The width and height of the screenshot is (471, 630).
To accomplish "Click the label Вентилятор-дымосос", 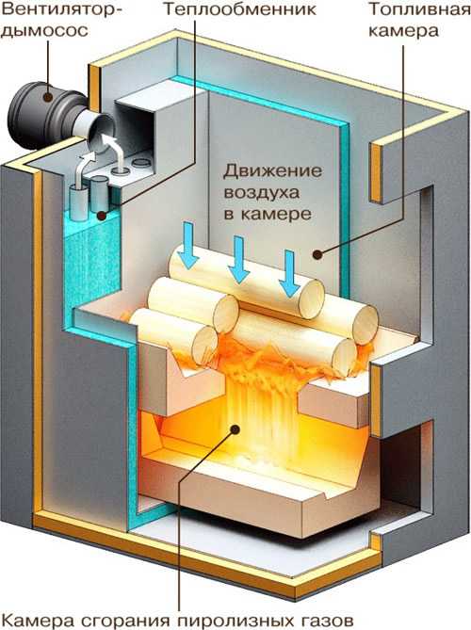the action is pyautogui.click(x=60, y=20).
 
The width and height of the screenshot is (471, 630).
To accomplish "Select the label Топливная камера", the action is pyautogui.click(x=419, y=20).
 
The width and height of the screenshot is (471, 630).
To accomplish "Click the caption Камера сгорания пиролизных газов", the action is pyautogui.click(x=177, y=619).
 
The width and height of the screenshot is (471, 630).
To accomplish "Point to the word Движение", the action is pyautogui.click(x=272, y=171).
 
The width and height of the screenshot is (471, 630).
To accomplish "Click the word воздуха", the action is pyautogui.click(x=261, y=192).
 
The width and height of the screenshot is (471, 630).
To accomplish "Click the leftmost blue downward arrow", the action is pyautogui.click(x=188, y=245).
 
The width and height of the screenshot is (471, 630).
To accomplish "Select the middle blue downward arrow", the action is pyautogui.click(x=238, y=260).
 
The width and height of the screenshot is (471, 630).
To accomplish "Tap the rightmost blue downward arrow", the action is pyautogui.click(x=289, y=274).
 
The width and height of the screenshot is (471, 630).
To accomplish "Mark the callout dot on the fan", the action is pyautogui.click(x=48, y=96).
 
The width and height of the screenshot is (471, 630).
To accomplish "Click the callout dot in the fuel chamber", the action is pyautogui.click(x=317, y=254).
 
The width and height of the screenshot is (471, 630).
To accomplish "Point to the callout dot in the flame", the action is pyautogui.click(x=235, y=429).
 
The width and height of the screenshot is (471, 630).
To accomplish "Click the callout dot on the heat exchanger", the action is pyautogui.click(x=102, y=216).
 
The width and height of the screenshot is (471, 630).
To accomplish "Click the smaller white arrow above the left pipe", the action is pyautogui.click(x=84, y=168).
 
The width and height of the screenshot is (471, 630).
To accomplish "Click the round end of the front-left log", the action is pyautogui.click(x=204, y=346).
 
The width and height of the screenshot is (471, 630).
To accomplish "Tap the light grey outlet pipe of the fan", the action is pyautogui.click(x=93, y=126).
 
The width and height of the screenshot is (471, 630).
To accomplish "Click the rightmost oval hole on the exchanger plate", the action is pyautogui.click(x=141, y=162).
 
